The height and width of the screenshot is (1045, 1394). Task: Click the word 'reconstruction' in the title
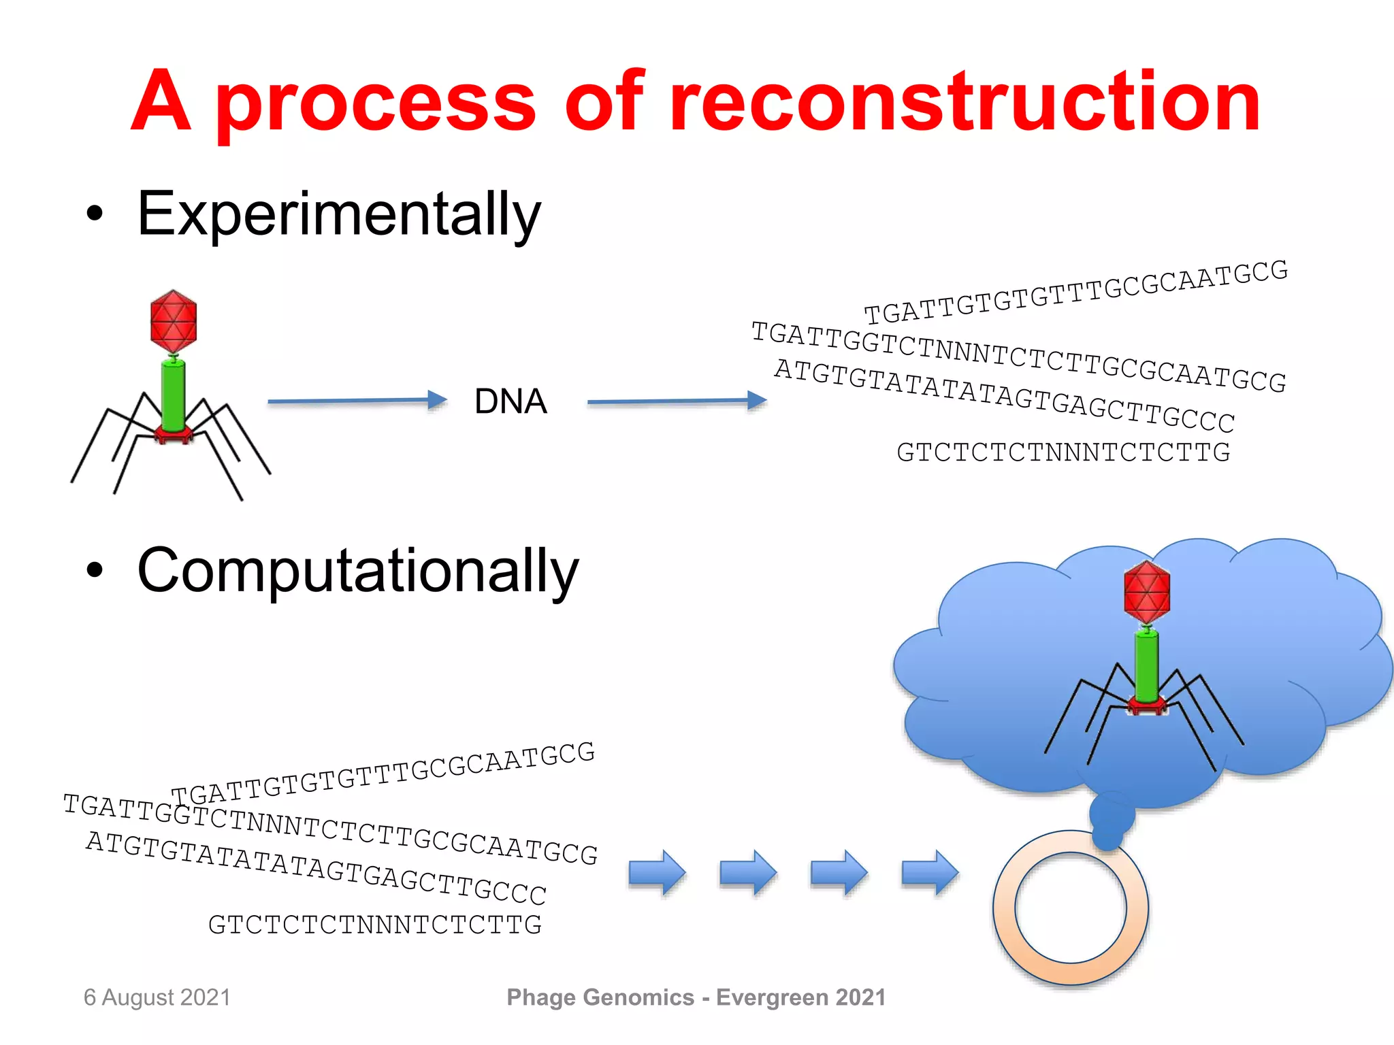coord(965,102)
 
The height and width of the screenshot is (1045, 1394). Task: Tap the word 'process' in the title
coord(376,105)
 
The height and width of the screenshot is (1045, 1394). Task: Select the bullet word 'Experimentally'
coord(338,214)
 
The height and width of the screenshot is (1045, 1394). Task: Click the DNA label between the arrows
coord(510,401)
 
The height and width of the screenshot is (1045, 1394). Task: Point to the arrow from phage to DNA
coord(357,401)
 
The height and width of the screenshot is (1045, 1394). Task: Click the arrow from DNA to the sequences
coord(677,401)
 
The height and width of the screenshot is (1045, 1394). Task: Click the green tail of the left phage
coord(174,395)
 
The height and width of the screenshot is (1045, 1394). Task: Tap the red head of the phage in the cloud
coord(1147,592)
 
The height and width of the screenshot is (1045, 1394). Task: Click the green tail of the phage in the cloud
coord(1147,667)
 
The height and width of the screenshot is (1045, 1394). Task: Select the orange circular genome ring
coord(1004,908)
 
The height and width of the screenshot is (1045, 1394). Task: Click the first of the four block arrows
coord(657,872)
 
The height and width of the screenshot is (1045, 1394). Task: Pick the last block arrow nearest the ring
coord(930,872)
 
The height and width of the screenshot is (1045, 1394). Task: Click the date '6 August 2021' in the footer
coord(157,997)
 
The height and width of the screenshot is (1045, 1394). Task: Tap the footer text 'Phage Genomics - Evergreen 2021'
coord(696,997)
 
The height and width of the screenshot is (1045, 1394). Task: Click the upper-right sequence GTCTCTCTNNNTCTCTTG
coord(1063,452)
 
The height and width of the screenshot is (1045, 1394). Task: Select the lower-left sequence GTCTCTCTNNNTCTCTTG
coord(375,925)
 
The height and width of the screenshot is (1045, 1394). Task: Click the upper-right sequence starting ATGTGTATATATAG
coord(1005,396)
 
